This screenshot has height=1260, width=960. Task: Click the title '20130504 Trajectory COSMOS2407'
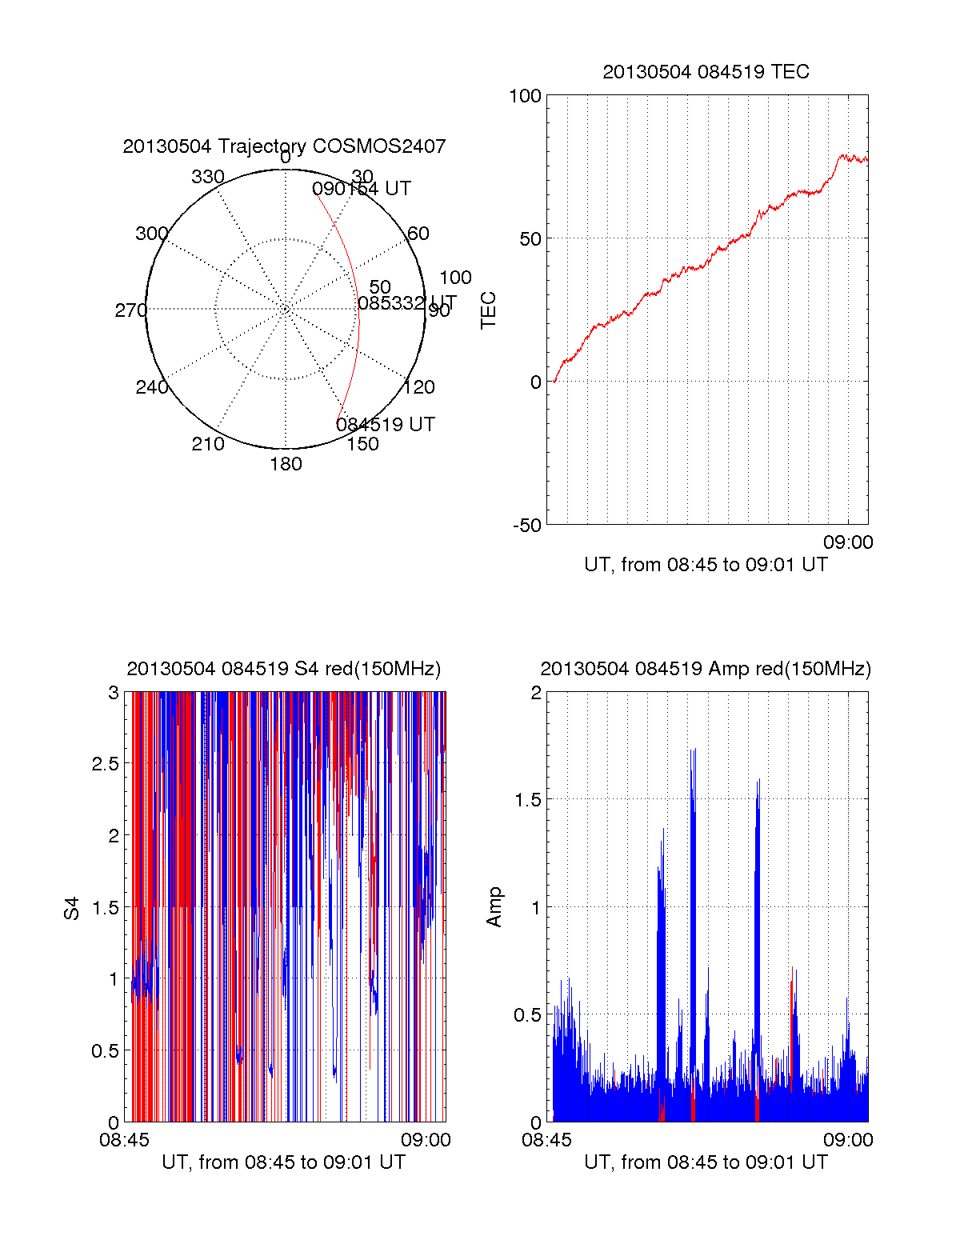pyautogui.click(x=284, y=146)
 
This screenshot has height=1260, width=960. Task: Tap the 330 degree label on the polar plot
pyautogui.click(x=208, y=177)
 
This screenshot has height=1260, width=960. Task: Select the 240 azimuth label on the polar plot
pyautogui.click(x=152, y=387)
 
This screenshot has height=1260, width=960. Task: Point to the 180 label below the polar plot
pyautogui.click(x=286, y=464)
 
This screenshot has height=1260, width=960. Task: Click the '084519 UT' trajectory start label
pyautogui.click(x=386, y=425)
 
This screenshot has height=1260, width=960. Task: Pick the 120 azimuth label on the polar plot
pyautogui.click(x=419, y=387)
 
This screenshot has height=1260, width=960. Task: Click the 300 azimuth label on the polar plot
pyautogui.click(x=152, y=234)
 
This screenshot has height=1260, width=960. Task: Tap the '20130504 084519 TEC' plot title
pyautogui.click(x=706, y=72)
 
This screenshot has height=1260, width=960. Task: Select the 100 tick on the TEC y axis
pyautogui.click(x=526, y=96)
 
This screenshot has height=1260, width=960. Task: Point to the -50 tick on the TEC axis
pyautogui.click(x=527, y=526)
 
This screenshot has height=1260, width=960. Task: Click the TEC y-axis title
pyautogui.click(x=488, y=310)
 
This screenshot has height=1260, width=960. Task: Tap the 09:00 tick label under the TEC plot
pyautogui.click(x=848, y=542)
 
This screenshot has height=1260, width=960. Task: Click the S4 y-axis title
pyautogui.click(x=72, y=908)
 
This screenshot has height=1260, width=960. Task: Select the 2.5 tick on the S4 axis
pyautogui.click(x=106, y=764)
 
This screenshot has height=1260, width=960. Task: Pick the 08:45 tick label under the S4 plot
pyautogui.click(x=124, y=1140)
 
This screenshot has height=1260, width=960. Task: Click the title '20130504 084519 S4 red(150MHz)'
pyautogui.click(x=284, y=669)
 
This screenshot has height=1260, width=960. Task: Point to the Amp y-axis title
pyautogui.click(x=494, y=907)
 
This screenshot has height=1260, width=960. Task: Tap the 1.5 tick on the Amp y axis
pyautogui.click(x=528, y=800)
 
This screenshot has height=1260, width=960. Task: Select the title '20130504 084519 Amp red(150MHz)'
pyautogui.click(x=706, y=669)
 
